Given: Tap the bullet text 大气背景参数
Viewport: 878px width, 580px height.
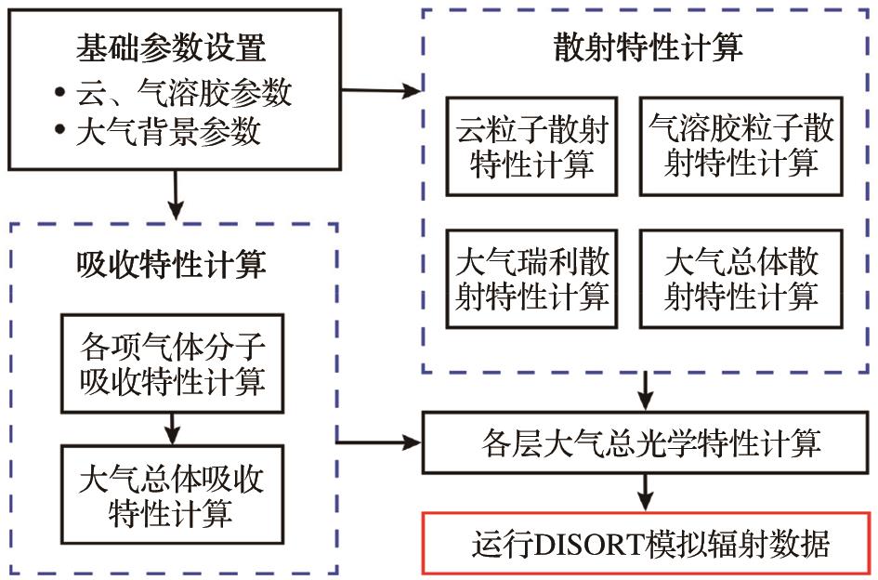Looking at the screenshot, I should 167,132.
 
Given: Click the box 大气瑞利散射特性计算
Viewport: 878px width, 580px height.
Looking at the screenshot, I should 532,278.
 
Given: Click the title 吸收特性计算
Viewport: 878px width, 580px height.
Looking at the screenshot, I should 171,265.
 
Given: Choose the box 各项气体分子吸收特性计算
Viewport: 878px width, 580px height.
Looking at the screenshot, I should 173,363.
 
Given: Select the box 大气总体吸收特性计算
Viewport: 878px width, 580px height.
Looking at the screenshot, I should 173,494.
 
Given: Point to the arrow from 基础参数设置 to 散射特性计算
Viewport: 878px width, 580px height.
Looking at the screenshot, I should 382,91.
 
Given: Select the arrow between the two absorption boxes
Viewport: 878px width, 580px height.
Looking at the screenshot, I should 173,428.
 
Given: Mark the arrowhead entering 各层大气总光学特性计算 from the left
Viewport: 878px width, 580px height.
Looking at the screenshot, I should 414,442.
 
